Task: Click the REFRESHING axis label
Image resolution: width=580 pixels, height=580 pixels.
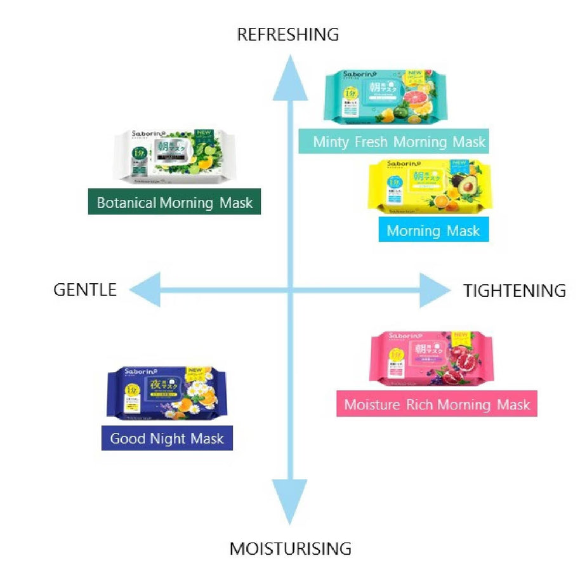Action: pos(287,34)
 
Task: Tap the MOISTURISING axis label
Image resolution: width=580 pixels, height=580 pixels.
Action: pos(290,548)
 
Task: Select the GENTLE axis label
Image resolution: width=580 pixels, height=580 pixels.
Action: pos(85,290)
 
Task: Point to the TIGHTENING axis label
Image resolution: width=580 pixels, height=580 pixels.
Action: pos(514,291)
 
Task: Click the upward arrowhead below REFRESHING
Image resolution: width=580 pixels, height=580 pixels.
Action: pos(290,74)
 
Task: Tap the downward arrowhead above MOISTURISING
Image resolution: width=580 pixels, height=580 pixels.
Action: pos(290,504)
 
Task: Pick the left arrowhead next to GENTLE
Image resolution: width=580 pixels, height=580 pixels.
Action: pos(143,290)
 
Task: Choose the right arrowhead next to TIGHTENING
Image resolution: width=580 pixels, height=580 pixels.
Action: pos(436,290)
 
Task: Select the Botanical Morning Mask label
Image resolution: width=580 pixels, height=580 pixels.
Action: pos(175,203)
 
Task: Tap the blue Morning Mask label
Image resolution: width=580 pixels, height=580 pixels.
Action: pos(433,230)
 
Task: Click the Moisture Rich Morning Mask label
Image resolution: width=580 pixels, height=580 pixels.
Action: pos(437,404)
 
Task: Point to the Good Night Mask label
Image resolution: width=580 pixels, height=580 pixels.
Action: pos(167,438)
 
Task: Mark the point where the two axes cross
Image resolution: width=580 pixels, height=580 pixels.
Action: pos(290,290)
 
